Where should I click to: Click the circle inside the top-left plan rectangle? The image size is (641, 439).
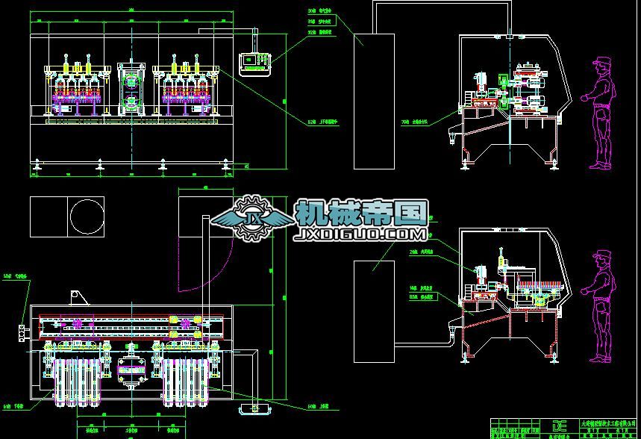[87, 217]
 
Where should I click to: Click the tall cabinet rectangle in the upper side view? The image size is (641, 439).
[374, 90]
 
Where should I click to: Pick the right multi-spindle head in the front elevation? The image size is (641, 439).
[183, 86]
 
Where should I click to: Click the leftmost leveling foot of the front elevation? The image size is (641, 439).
[37, 164]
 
